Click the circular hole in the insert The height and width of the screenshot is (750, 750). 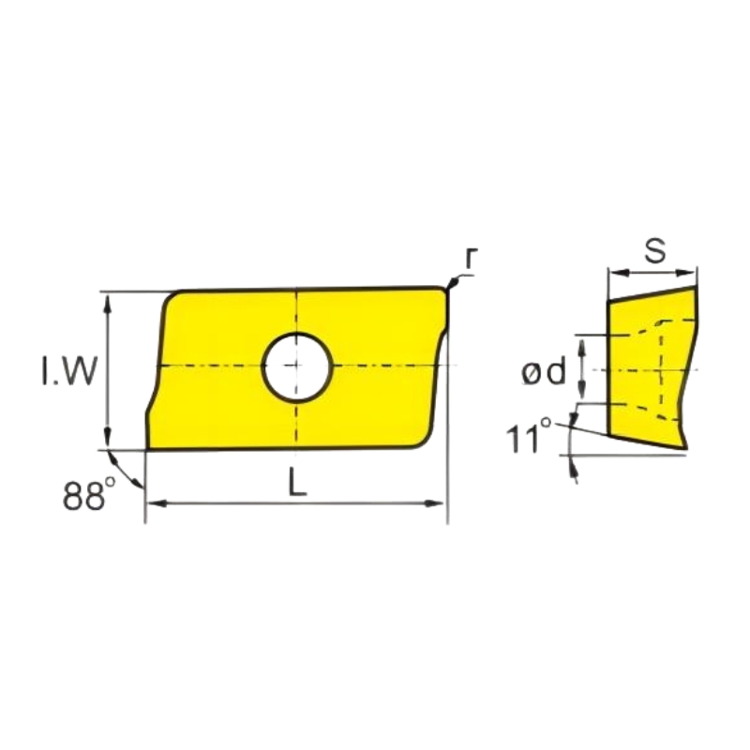pyautogui.click(x=296, y=367)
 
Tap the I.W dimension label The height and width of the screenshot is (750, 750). pyautogui.click(x=68, y=371)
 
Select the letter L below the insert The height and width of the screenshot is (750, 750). pyautogui.click(x=297, y=481)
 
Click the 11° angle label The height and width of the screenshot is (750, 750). pyautogui.click(x=529, y=436)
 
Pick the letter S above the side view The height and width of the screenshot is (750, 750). pyautogui.click(x=654, y=251)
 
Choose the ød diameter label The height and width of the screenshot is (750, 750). pyautogui.click(x=544, y=371)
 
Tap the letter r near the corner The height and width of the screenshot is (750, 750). pyautogui.click(x=472, y=259)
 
